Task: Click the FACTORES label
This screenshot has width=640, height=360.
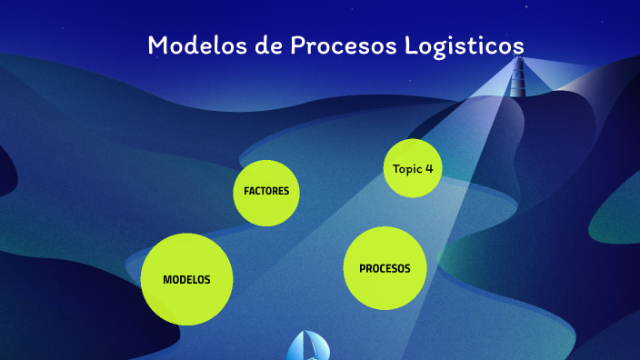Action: (x=266, y=192)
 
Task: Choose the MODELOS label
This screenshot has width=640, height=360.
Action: (x=186, y=280)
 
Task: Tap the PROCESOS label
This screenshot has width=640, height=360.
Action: (x=385, y=269)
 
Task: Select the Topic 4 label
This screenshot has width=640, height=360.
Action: (x=413, y=169)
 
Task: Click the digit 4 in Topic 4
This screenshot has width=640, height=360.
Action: (x=429, y=169)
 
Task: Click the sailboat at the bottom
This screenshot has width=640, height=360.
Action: (x=309, y=346)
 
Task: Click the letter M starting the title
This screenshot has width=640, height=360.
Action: (x=156, y=45)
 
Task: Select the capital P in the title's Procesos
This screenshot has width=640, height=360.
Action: (x=296, y=45)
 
